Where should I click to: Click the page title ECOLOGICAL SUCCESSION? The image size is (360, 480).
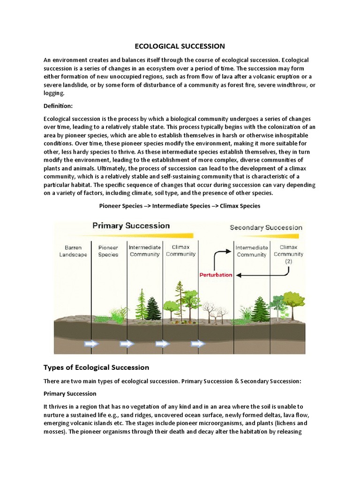pos(180,46)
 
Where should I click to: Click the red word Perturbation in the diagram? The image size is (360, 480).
pos(216,275)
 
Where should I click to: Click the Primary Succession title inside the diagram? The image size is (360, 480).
pos(131,225)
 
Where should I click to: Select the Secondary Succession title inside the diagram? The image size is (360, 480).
pos(266,227)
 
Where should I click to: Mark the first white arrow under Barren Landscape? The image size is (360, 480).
pos(91,344)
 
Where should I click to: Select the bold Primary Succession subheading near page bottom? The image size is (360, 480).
pos(70,393)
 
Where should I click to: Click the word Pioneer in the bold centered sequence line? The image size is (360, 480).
pos(110,206)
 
